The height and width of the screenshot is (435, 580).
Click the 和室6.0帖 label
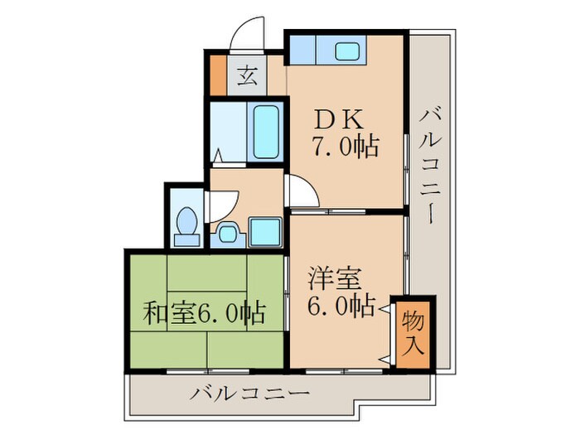tap(205, 314)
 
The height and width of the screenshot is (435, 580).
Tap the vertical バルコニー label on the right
tap(432, 165)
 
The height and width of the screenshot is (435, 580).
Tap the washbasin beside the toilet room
tap(227, 234)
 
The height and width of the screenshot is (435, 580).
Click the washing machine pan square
tap(265, 232)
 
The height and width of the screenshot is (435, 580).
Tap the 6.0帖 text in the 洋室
tap(340, 306)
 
